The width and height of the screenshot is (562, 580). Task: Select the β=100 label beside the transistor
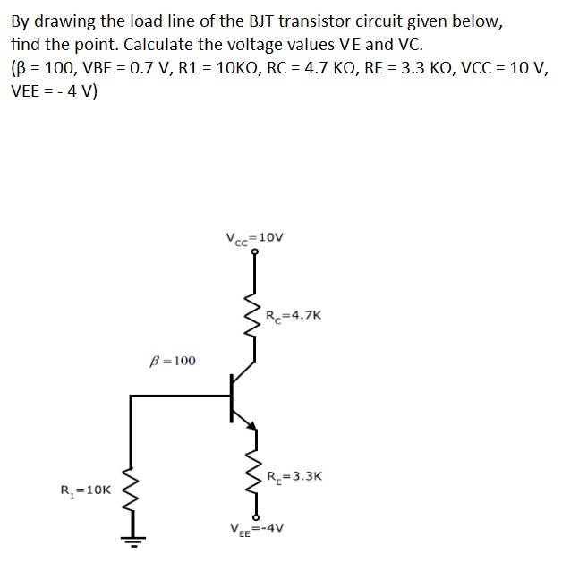click(x=174, y=361)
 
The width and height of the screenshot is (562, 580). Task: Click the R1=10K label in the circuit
click(x=86, y=490)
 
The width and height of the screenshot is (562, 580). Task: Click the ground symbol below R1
click(x=132, y=540)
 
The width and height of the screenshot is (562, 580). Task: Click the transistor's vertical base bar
click(x=231, y=395)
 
